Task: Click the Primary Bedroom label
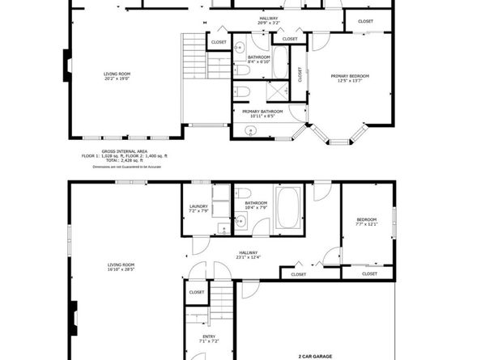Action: click(x=350, y=78)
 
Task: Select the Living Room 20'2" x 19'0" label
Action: click(x=117, y=77)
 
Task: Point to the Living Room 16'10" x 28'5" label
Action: click(x=121, y=268)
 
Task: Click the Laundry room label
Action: click(x=198, y=209)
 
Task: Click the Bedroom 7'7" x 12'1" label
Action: click(x=366, y=222)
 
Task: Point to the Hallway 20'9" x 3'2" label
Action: click(x=268, y=20)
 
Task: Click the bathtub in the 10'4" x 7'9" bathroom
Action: click(x=290, y=205)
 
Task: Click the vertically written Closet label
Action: click(x=300, y=75)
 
